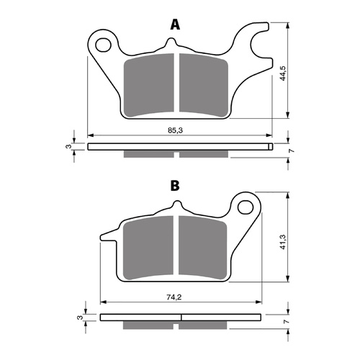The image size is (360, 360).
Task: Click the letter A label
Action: pyautogui.click(x=174, y=25)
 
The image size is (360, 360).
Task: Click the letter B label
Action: pyautogui.click(x=174, y=186)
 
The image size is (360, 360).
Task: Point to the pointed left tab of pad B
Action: pyautogui.click(x=106, y=234)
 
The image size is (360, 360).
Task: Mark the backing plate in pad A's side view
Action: pyautogui.click(x=179, y=147)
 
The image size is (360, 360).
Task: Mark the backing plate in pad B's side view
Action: pyautogui.click(x=179, y=316)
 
